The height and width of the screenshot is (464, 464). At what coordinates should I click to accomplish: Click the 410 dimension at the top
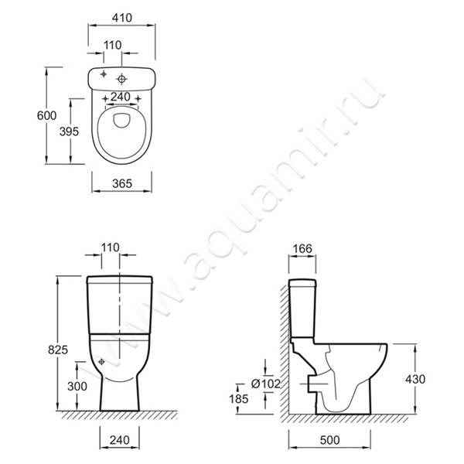[x=122, y=18]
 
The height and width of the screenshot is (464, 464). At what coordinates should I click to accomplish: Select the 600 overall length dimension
[x=46, y=115]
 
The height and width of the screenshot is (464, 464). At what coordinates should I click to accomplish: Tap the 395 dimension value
[x=69, y=131]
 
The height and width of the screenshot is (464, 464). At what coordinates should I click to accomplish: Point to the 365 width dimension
[x=122, y=184]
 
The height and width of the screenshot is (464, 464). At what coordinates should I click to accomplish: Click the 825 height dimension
[x=58, y=350]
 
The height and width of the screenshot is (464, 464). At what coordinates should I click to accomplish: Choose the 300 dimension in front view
[x=77, y=386]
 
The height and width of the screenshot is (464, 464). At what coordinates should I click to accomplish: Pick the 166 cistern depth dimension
[x=303, y=248]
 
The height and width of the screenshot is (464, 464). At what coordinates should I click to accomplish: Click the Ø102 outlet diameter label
[x=265, y=384]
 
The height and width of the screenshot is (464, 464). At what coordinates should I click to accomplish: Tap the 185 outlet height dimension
[x=238, y=399]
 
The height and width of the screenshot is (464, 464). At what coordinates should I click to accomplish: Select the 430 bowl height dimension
[x=415, y=379]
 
